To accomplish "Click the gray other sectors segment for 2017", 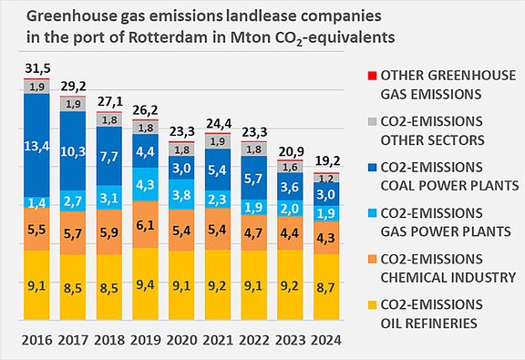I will pos(74,104).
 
